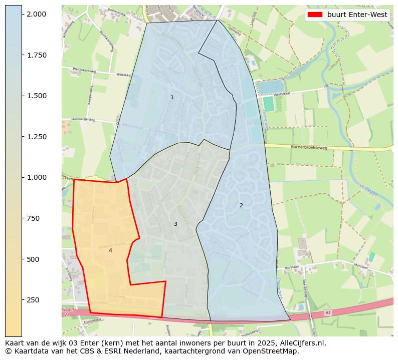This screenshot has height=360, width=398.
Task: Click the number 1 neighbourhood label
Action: pos(172,97)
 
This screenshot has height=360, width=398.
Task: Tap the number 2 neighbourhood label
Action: pos(241,205)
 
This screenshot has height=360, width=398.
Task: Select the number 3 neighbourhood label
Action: pos(175,224)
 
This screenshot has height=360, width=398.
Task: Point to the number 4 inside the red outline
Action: pos(110,250)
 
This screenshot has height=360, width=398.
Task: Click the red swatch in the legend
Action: pos(315,15)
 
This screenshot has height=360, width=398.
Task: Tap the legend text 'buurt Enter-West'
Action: pos(357,15)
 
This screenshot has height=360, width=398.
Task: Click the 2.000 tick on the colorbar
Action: pos(37,14)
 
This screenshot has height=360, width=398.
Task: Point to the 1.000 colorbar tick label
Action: pos(37,177)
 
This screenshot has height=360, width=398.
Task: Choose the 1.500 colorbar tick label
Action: pos(37,96)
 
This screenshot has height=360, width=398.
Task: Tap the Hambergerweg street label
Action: pos(84,120)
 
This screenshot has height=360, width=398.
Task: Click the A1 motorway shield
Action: pos(327,312)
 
